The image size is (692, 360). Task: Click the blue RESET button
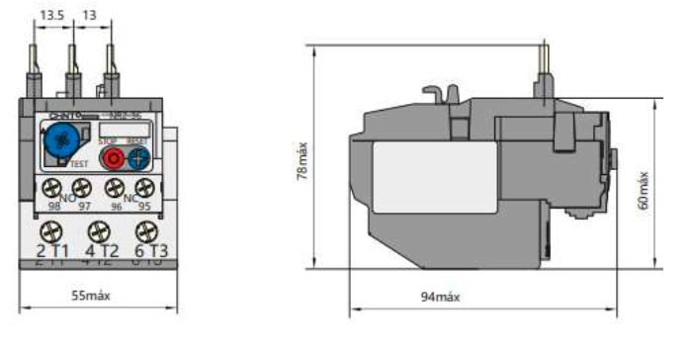(x=137, y=158)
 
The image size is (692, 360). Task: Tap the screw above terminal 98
(x=47, y=186)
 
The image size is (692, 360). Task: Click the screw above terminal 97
(x=81, y=186)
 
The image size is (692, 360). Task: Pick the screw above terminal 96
(x=114, y=186)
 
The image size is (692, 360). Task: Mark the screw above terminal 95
(x=144, y=186)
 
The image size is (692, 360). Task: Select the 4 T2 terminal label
(x=97, y=250)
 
